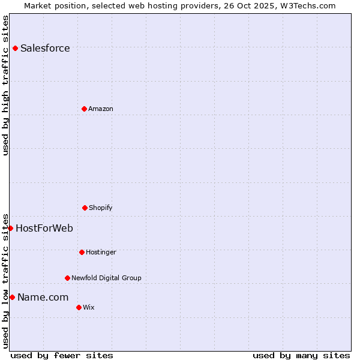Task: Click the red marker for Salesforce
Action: [x=15, y=48]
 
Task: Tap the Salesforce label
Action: [x=45, y=49]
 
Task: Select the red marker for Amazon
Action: [x=84, y=109]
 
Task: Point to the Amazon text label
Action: [x=101, y=109]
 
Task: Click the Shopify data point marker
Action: [x=85, y=208]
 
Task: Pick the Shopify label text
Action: [x=101, y=208]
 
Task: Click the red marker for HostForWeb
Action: [x=10, y=228]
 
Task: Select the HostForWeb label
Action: [x=44, y=229]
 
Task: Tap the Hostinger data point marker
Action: [x=82, y=252]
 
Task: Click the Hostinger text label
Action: [x=101, y=253]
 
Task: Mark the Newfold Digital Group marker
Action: [x=67, y=278]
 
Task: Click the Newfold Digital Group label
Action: [x=106, y=278]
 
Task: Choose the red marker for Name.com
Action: [x=12, y=297]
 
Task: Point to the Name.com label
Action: [x=43, y=298]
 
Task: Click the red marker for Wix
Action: [x=79, y=307]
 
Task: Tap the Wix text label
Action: [x=89, y=308]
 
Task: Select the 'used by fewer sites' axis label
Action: [x=62, y=355]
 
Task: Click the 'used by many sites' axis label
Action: [x=301, y=355]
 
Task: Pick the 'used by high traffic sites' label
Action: [x=5, y=85]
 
